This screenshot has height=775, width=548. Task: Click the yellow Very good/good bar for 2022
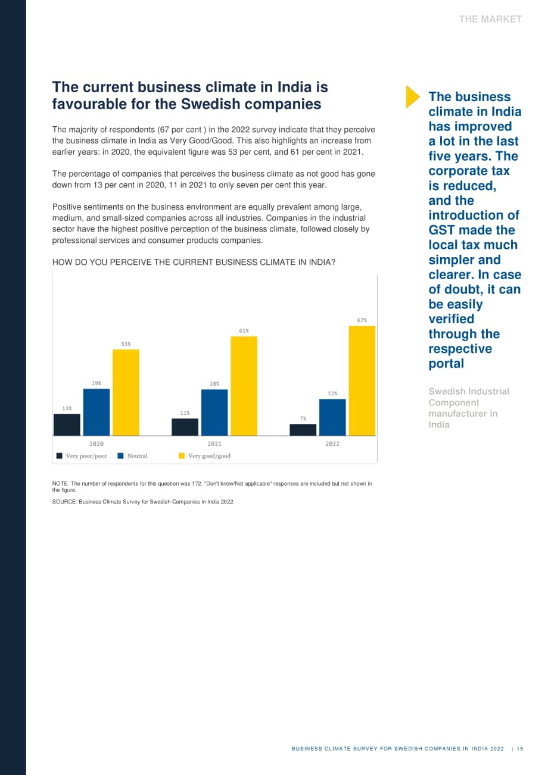(362, 380)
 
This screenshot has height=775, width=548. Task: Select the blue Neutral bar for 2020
(96, 412)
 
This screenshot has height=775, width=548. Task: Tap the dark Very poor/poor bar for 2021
(185, 427)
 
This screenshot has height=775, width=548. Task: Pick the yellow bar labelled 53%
(126, 392)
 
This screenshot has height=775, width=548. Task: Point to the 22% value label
(332, 393)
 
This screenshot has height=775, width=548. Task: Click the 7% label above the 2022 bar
(303, 418)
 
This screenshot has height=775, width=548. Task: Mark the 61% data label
(244, 331)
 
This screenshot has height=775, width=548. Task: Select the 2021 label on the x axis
(214, 443)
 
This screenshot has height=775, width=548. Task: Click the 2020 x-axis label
(96, 443)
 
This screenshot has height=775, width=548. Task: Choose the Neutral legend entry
(133, 456)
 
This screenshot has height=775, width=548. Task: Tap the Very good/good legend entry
(204, 456)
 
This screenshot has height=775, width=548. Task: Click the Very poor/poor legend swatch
(59, 456)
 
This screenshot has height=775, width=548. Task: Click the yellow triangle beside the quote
(413, 97)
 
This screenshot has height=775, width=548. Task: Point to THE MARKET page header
(490, 19)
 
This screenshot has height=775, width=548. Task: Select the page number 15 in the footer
(519, 748)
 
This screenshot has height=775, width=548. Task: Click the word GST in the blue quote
(440, 230)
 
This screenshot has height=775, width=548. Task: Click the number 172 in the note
(197, 484)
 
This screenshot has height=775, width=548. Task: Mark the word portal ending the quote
(446, 364)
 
